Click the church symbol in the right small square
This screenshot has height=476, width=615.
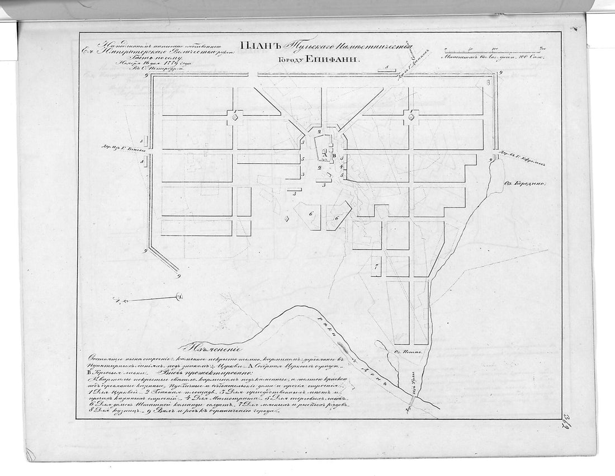(x=411, y=117)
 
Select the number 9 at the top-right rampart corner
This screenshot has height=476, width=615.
(x=500, y=73)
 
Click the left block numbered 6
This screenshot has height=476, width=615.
(x=311, y=214)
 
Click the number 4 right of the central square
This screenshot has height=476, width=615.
(x=342, y=167)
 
